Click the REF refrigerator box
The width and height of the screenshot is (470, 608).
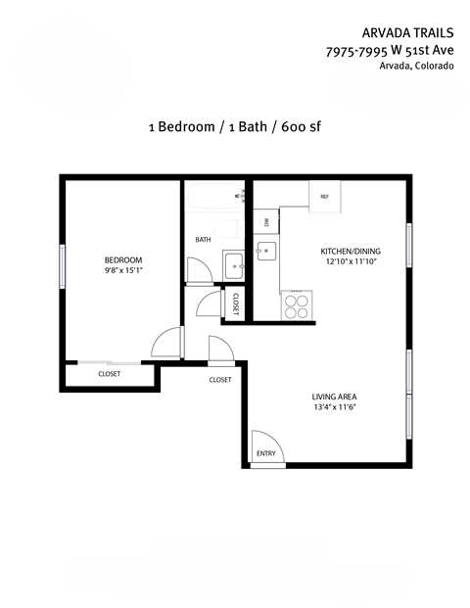(x=324, y=196)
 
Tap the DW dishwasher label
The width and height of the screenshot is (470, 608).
(x=264, y=221)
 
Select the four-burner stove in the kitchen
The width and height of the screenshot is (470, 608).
(x=296, y=306)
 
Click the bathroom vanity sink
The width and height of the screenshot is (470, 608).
(x=233, y=263)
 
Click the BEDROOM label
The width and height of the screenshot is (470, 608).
(x=123, y=259)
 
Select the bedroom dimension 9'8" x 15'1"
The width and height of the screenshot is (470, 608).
(x=123, y=271)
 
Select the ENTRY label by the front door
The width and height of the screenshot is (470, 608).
(x=265, y=453)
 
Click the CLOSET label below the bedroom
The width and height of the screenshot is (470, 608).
(x=109, y=374)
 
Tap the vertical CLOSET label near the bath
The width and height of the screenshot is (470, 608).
(x=236, y=304)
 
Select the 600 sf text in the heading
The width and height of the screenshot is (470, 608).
(x=304, y=126)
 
